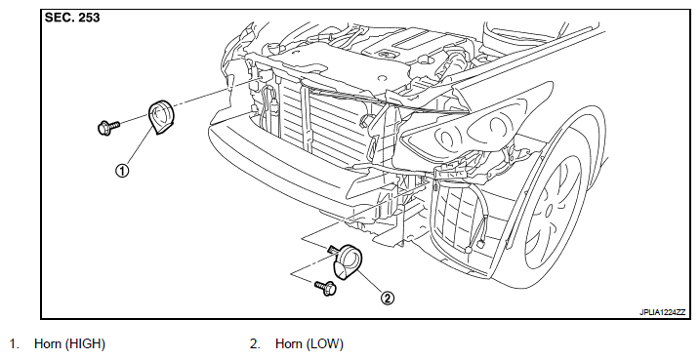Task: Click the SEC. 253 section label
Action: (72, 18)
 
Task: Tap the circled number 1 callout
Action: (122, 170)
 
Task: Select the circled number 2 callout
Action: (387, 298)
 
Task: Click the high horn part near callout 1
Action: (162, 117)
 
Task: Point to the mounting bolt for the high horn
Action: (108, 128)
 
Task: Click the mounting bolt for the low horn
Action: (326, 288)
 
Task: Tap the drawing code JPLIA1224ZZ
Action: (662, 312)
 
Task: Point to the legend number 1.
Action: (14, 344)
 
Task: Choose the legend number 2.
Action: (254, 344)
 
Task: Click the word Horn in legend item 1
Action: (49, 344)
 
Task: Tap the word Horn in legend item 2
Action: (290, 344)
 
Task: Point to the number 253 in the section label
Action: (89, 18)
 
